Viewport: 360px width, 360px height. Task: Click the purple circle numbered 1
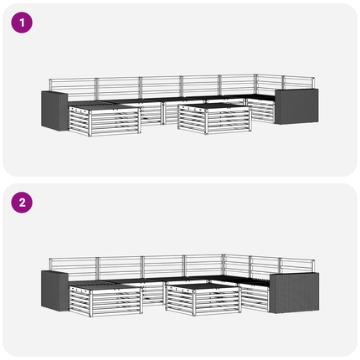22,23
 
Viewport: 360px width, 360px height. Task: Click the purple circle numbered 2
22,203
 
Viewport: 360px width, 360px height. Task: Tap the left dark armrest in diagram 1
54,111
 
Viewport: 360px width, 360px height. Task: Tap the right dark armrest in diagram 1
296,106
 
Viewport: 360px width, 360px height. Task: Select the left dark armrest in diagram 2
54,291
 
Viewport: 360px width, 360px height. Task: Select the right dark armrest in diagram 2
294,293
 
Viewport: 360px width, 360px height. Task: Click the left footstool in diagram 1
104,120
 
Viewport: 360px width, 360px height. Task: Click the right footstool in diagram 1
214,118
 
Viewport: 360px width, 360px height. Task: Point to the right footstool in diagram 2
203,299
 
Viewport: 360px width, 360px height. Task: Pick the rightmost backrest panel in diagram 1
299,83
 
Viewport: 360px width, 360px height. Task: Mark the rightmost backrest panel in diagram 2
297,266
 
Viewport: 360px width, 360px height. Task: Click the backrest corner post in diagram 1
255,85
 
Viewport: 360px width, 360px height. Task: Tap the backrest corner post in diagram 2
224,265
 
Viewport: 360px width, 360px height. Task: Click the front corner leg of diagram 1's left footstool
90,123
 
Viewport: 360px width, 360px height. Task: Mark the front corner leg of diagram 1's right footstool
207,121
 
